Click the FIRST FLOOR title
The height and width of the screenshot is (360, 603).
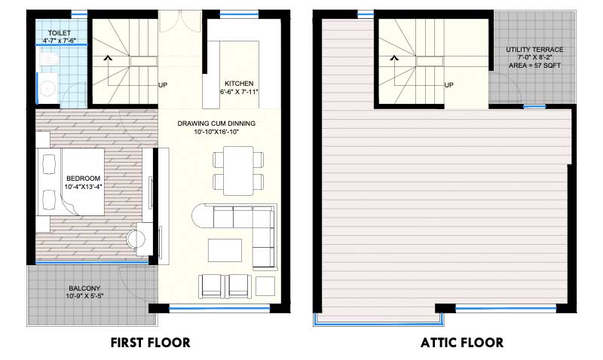point(150,343)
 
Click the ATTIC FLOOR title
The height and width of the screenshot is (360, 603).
point(462,343)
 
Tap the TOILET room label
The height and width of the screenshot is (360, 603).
point(59,34)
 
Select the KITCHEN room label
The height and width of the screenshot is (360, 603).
point(238,84)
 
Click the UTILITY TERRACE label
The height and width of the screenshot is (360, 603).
point(534,50)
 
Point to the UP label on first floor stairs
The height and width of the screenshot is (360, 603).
point(162,85)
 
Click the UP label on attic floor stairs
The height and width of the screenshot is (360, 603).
point(449,85)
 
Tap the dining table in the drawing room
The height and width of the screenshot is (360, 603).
point(238,169)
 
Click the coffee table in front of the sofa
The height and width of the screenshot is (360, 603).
point(225,249)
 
